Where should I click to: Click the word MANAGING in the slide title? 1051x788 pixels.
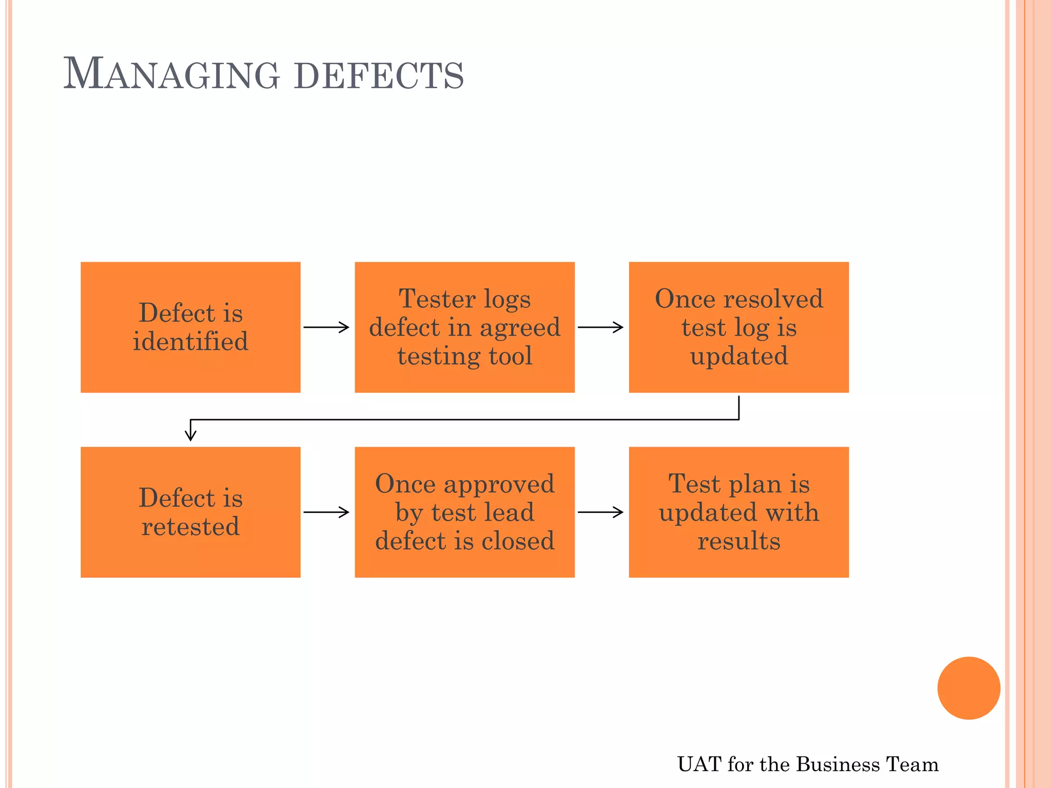pyautogui.click(x=171, y=74)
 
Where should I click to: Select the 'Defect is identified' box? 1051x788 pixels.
pyautogui.click(x=190, y=327)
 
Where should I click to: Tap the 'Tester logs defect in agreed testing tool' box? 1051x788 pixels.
pyautogui.click(x=464, y=327)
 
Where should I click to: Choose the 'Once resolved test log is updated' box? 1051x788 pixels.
pyautogui.click(x=738, y=327)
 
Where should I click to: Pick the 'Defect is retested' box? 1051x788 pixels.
pyautogui.click(x=190, y=512)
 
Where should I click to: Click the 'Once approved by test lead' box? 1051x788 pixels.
pyautogui.click(x=464, y=512)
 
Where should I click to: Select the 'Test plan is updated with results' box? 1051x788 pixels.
pyautogui.click(x=738, y=512)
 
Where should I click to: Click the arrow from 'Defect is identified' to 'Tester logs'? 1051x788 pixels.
pyautogui.click(x=326, y=327)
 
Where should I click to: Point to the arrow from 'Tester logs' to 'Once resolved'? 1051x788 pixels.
pyautogui.click(x=600, y=327)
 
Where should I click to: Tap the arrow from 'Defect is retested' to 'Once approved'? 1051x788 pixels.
pyautogui.click(x=326, y=512)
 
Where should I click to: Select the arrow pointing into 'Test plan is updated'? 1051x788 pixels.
pyautogui.click(x=600, y=512)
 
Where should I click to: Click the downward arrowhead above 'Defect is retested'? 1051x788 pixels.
pyautogui.click(x=190, y=435)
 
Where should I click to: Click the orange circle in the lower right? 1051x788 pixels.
pyautogui.click(x=968, y=688)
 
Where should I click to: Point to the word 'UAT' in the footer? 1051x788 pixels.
pyautogui.click(x=699, y=764)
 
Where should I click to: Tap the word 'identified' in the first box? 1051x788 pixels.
pyautogui.click(x=190, y=342)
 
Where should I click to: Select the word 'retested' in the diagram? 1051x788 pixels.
pyautogui.click(x=190, y=527)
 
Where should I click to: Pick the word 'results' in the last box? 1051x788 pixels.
pyautogui.click(x=738, y=541)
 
